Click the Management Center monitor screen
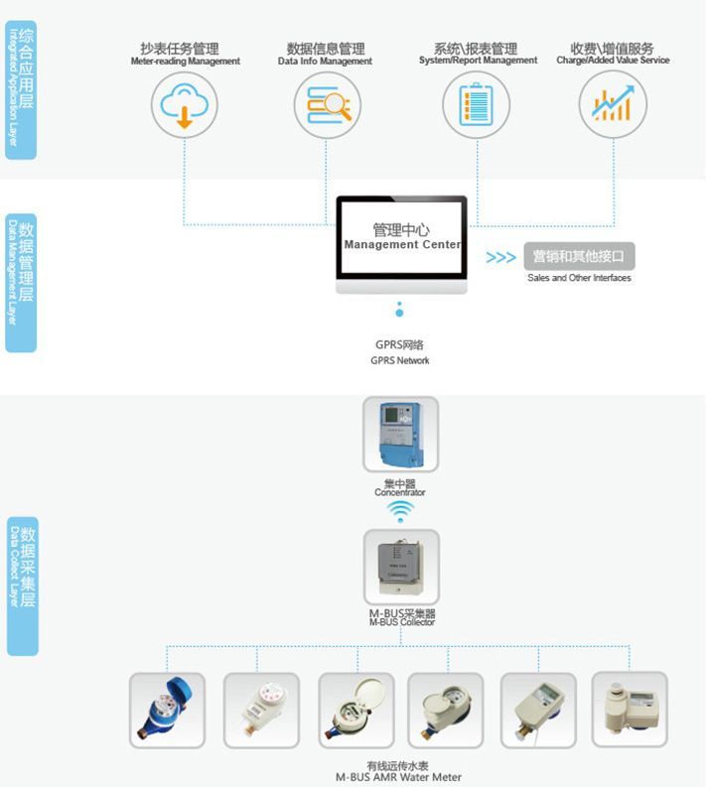(x=401, y=238)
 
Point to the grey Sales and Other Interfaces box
(x=579, y=256)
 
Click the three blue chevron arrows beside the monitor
(x=500, y=257)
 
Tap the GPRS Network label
(x=399, y=352)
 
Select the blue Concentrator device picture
(x=400, y=434)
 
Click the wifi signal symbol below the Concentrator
(x=400, y=511)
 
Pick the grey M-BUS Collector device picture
(x=400, y=567)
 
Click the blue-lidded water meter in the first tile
(x=167, y=710)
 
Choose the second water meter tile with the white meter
(x=261, y=710)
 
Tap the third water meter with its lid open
(x=354, y=710)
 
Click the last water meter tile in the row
(x=630, y=709)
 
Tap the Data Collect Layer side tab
(x=22, y=585)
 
